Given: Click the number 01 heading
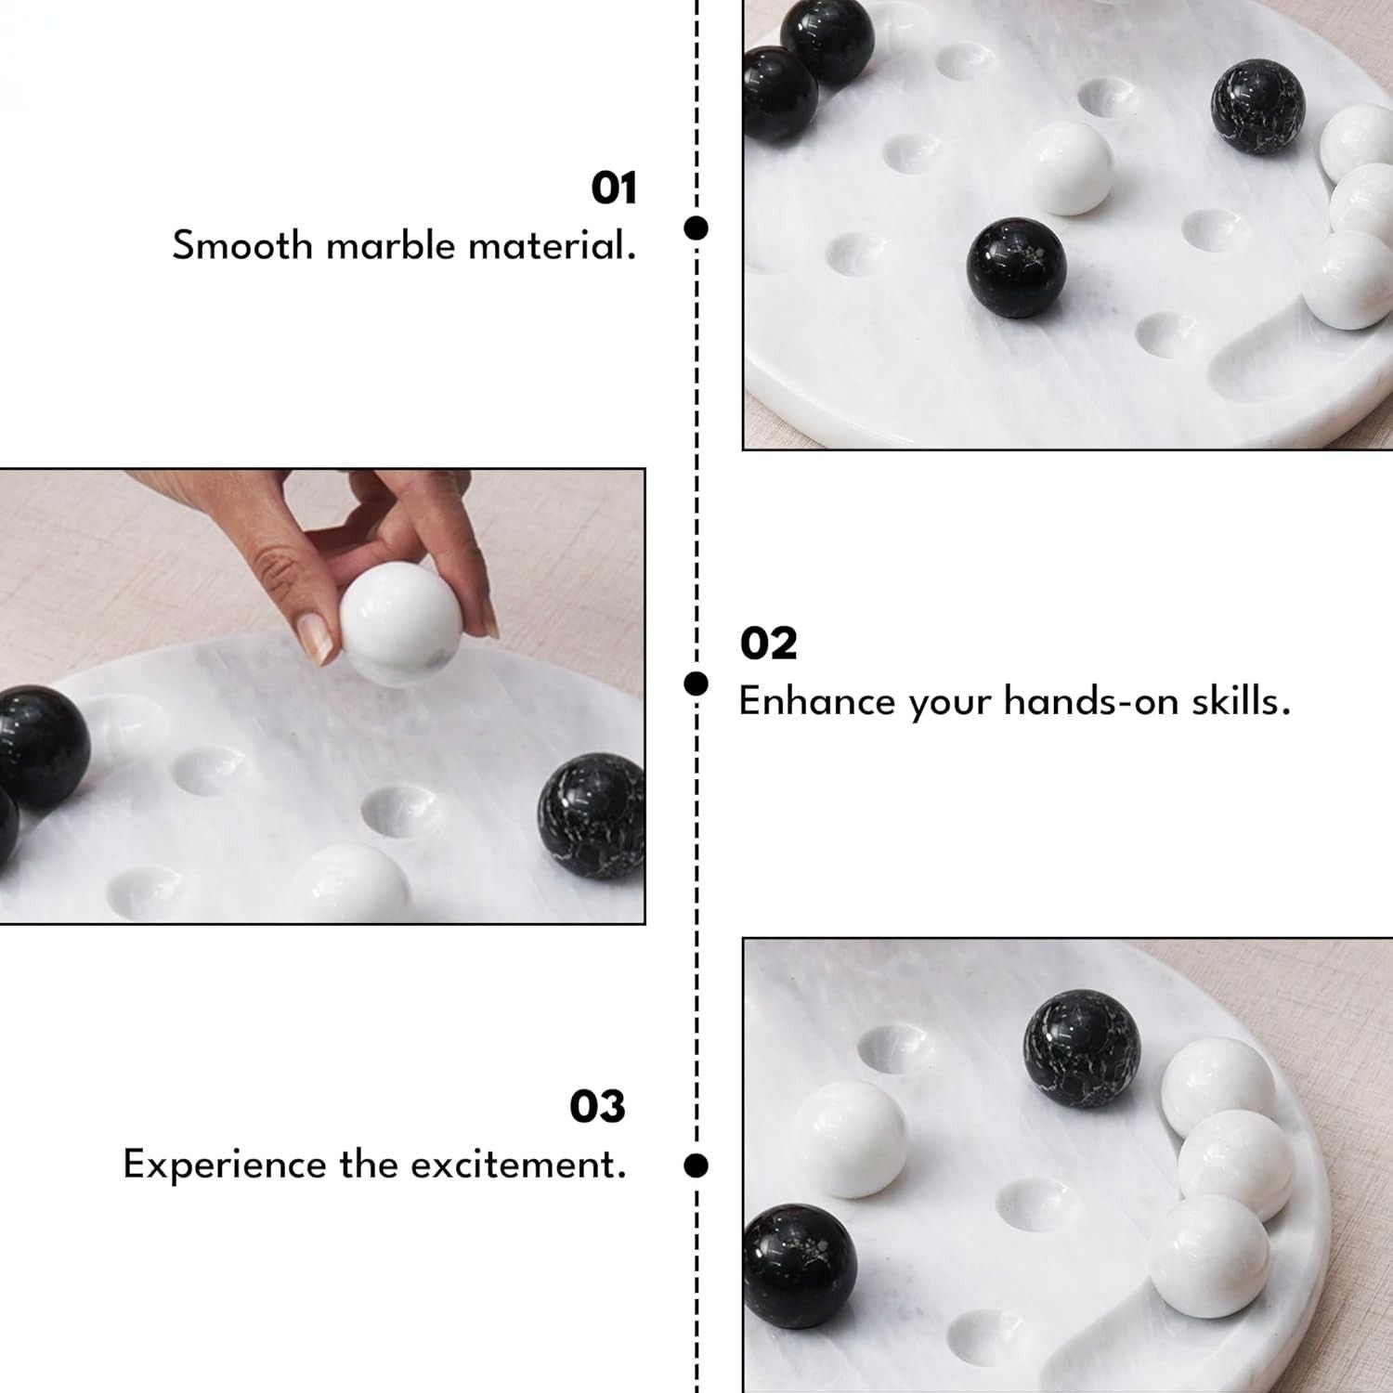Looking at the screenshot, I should pyautogui.click(x=614, y=189).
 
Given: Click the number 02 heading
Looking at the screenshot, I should pyautogui.click(x=768, y=644).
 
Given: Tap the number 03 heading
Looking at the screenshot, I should pyautogui.click(x=597, y=1106).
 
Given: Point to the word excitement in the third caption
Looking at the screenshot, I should pyautogui.click(x=518, y=1165).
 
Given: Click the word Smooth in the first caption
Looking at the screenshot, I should pyautogui.click(x=242, y=246).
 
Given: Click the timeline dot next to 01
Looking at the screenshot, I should pyautogui.click(x=696, y=228).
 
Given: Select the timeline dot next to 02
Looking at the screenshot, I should pyautogui.click(x=696, y=684).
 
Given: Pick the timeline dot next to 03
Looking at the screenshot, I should pyautogui.click(x=696, y=1165).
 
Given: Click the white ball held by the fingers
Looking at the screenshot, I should pyautogui.click(x=398, y=624).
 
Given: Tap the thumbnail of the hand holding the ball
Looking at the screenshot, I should pyautogui.click(x=322, y=696).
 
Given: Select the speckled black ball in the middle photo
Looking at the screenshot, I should pyautogui.click(x=591, y=814).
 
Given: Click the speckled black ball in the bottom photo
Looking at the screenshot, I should pyautogui.click(x=1082, y=1049).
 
